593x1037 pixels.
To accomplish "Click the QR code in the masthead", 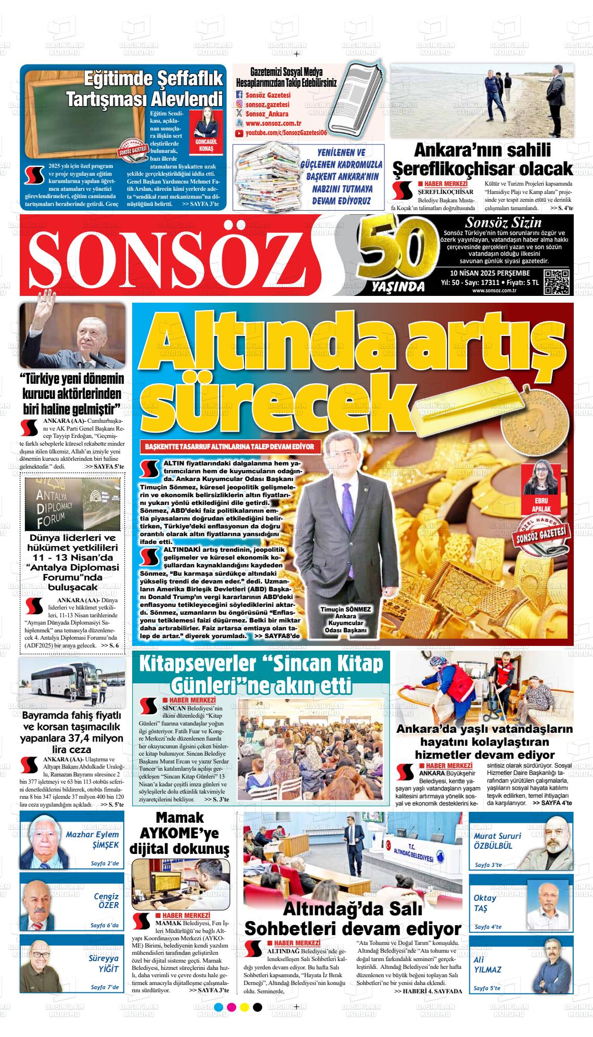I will pyautogui.click(x=557, y=283).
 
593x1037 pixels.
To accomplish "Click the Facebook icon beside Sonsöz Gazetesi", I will pyautogui.click(x=239, y=95).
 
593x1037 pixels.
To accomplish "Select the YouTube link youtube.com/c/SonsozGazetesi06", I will pyautogui.click(x=286, y=134).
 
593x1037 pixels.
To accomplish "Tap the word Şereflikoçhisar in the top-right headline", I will pyautogui.click(x=482, y=169).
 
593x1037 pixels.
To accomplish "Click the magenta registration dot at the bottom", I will pyautogui.click(x=231, y=1021).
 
